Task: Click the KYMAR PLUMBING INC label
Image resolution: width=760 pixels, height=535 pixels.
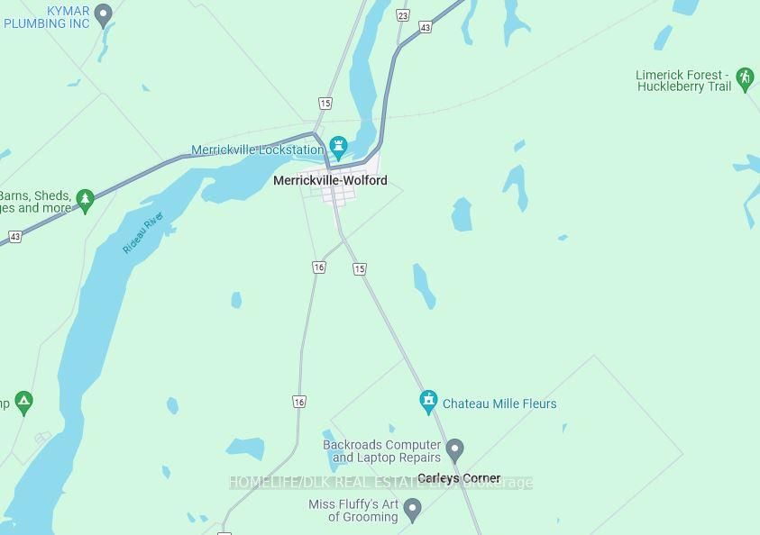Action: click(x=47, y=17)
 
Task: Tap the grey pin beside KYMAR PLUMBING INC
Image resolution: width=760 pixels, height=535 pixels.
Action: click(x=103, y=14)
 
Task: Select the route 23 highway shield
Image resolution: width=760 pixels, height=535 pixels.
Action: click(x=402, y=15)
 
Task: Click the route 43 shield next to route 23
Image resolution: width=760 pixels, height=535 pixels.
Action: click(x=426, y=28)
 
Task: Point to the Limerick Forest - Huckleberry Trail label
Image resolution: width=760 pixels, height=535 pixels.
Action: click(x=683, y=80)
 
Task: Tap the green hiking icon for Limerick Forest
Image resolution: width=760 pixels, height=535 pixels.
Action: click(x=744, y=77)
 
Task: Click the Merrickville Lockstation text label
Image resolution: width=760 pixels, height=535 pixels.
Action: click(x=257, y=150)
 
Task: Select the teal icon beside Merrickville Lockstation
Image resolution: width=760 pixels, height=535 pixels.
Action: click(x=338, y=146)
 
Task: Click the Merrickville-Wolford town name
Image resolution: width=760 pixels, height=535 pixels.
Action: click(x=330, y=180)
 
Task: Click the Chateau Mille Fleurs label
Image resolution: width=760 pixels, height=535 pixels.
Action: click(x=499, y=404)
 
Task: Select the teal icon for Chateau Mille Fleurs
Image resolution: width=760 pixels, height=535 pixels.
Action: click(x=428, y=402)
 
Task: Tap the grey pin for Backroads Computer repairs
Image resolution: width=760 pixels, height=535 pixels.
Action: click(x=454, y=449)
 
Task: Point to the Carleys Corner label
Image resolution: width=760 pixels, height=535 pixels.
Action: click(x=459, y=478)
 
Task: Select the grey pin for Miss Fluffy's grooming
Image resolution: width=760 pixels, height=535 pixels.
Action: click(x=413, y=510)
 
